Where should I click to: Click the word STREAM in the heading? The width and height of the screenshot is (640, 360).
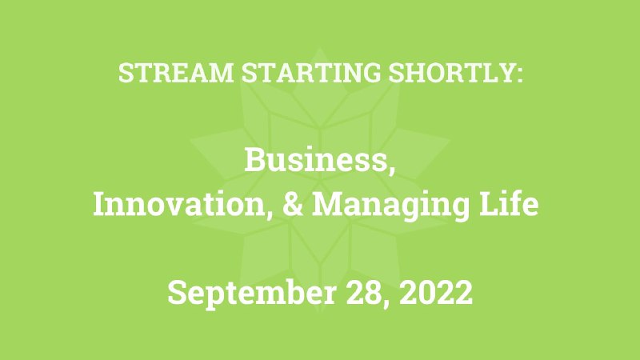[176, 73]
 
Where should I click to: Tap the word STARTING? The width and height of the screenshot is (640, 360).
[311, 73]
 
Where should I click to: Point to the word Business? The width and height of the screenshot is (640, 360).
[315, 159]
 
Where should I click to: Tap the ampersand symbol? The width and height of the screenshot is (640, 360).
[293, 204]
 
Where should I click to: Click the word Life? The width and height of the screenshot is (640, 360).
[509, 203]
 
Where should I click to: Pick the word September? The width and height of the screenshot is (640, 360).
[252, 294]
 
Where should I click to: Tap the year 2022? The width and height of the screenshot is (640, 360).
[436, 292]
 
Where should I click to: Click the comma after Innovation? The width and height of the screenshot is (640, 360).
[269, 214]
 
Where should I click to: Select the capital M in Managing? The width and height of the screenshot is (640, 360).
[328, 204]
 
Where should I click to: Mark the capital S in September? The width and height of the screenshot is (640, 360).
[177, 292]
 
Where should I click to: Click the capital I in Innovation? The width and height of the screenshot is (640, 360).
[100, 204]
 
